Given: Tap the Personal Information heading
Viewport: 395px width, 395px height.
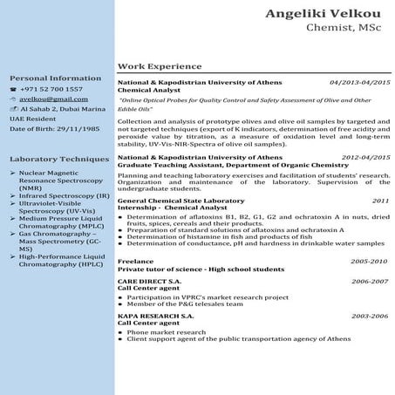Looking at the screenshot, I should coord(49,78).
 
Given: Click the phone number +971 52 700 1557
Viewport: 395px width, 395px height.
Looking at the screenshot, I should coord(53,89).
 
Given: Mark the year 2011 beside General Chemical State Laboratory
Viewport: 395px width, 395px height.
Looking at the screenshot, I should coord(380,201).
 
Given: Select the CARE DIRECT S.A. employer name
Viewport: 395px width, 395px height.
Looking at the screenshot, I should coord(149,283).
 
